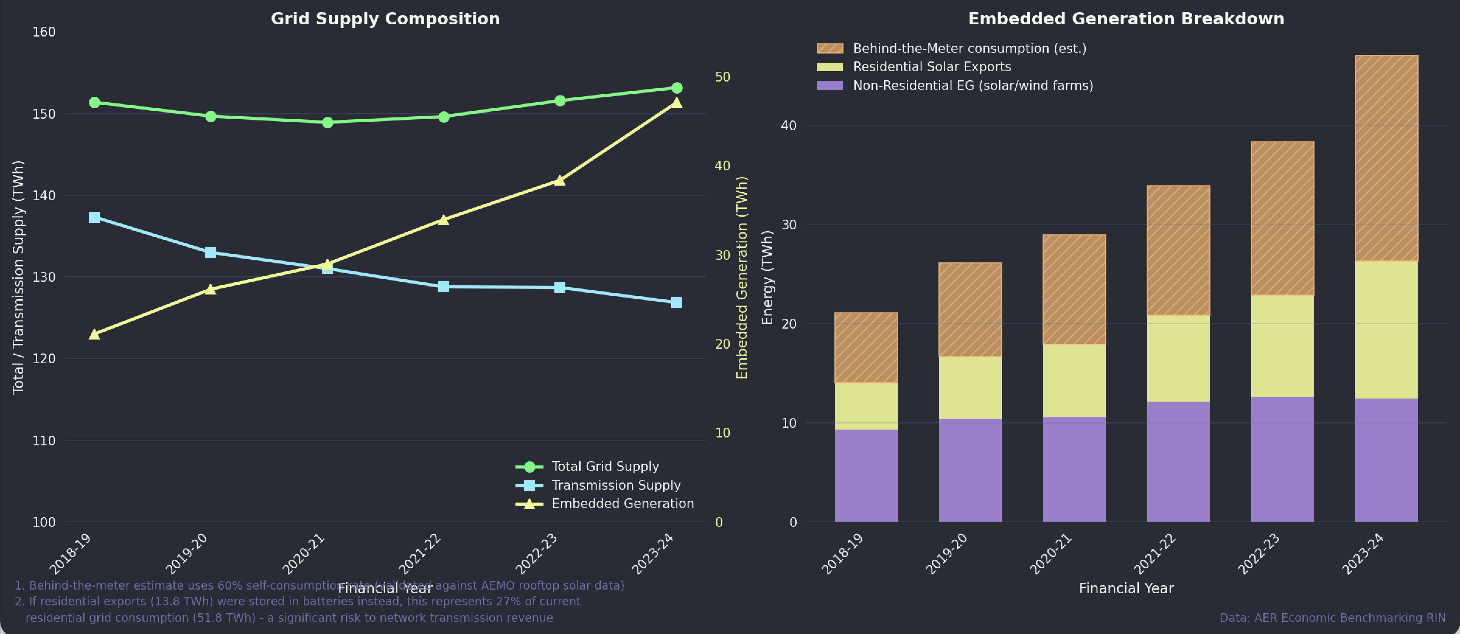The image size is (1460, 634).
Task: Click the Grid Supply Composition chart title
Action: point(386,19)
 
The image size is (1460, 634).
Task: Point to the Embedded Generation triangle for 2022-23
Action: point(559,180)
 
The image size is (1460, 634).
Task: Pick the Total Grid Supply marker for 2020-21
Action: point(328,122)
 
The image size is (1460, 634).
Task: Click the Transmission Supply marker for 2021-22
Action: point(444,287)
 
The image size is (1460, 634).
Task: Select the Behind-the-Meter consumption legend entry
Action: point(969,49)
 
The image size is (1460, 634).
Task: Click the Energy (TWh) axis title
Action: point(767,278)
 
